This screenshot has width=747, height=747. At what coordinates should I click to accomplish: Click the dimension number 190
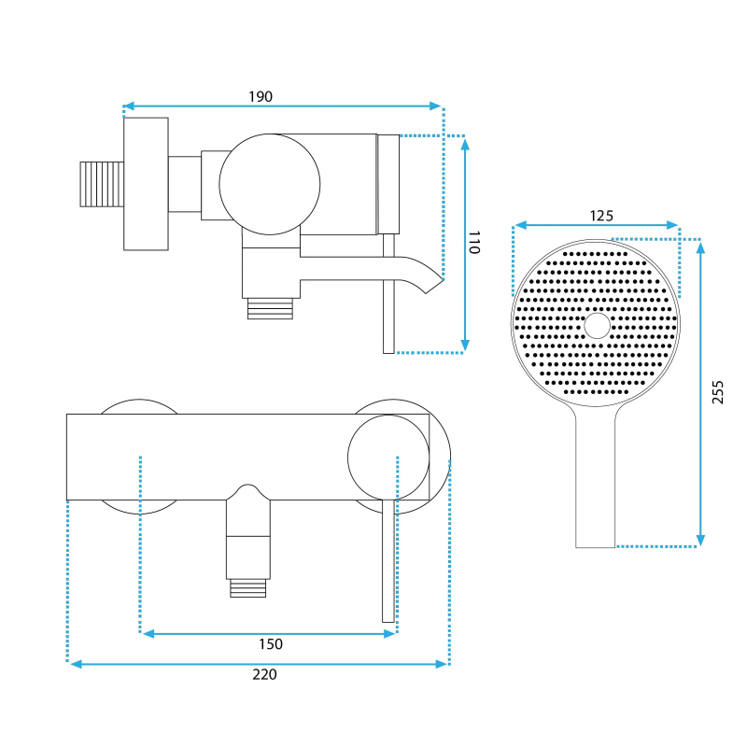(x=261, y=97)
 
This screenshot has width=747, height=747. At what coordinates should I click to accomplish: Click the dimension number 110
(x=474, y=242)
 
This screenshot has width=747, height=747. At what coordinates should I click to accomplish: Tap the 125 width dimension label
(x=601, y=216)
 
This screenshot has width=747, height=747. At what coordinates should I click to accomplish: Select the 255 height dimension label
(x=717, y=392)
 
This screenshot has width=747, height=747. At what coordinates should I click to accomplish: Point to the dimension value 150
(x=271, y=644)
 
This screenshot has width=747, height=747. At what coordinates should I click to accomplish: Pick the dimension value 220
(x=264, y=674)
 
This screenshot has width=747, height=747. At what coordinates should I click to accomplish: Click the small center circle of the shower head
(x=597, y=326)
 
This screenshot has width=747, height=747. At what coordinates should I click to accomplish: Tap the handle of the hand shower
(x=595, y=481)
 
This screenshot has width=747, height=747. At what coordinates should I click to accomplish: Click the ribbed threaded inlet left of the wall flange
(x=102, y=184)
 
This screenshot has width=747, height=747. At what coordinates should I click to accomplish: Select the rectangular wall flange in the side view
(x=146, y=184)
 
